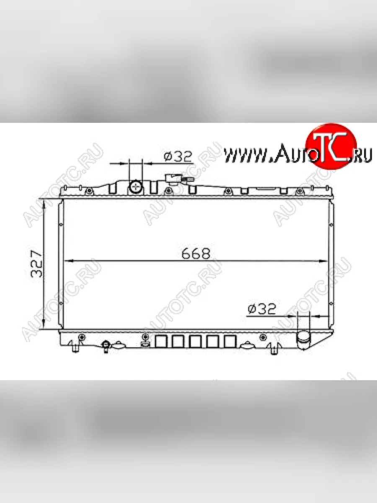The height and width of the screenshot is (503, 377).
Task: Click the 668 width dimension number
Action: [x=196, y=254]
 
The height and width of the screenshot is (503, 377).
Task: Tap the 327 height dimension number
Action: [x=36, y=264]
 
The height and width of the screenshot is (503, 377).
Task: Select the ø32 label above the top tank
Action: [x=178, y=157]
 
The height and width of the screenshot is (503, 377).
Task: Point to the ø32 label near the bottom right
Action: [x=262, y=309]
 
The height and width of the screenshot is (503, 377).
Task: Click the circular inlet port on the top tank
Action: [x=136, y=187]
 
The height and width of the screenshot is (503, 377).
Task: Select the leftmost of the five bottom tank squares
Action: [x=161, y=342]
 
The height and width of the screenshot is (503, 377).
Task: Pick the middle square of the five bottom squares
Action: [x=196, y=342]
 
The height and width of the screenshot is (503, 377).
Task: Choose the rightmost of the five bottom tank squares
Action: [x=230, y=342]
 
